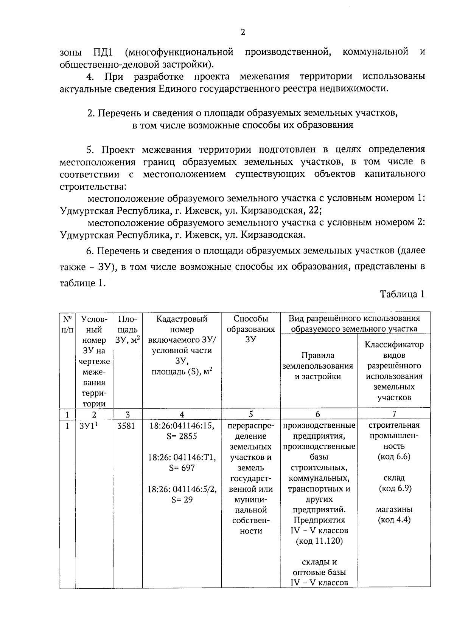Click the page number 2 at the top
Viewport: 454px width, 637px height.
pyautogui.click(x=243, y=32)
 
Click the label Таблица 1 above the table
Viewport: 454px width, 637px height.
pyautogui.click(x=402, y=294)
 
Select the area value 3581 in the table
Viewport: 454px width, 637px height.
pyautogui.click(x=126, y=426)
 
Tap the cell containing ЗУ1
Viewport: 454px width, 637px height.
pyautogui.click(x=89, y=426)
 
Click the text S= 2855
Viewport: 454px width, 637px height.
pyautogui.click(x=182, y=436)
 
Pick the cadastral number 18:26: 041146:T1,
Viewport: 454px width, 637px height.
pyautogui.click(x=182, y=458)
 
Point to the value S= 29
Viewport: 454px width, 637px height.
pyautogui.click(x=182, y=500)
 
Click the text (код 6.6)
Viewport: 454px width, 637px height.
pyautogui.click(x=394, y=457)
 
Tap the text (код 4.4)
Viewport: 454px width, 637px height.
pyautogui.click(x=394, y=520)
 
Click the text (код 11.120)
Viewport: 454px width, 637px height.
pyautogui.click(x=319, y=541)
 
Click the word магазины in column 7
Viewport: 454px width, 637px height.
pyautogui.click(x=394, y=510)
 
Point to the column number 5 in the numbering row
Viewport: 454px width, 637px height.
pyautogui.click(x=250, y=414)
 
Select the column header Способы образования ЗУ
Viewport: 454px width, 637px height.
pyautogui.click(x=250, y=329)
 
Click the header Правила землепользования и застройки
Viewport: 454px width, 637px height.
pyautogui.click(x=318, y=366)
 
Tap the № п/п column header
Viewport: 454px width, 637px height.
pyautogui.click(x=67, y=324)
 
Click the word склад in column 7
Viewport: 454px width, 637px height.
pyautogui.click(x=394, y=478)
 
